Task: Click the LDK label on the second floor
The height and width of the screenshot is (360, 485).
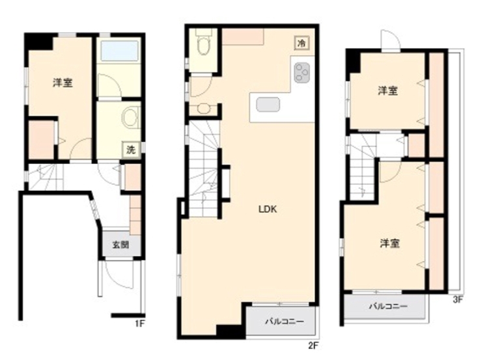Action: (x=268, y=210)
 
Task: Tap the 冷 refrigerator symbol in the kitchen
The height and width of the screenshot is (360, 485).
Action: (x=301, y=43)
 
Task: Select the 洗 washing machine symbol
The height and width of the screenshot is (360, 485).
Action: (x=131, y=150)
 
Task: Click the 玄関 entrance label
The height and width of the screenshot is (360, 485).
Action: (x=120, y=245)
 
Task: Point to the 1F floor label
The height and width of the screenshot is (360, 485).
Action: (x=140, y=324)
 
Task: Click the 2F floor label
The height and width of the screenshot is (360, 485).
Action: (x=313, y=345)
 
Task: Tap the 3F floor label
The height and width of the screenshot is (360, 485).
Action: (x=458, y=299)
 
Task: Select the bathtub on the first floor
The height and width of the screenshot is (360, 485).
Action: (x=119, y=51)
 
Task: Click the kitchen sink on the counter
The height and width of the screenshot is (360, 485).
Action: (x=268, y=104)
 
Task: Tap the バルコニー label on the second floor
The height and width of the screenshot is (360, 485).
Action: (x=284, y=322)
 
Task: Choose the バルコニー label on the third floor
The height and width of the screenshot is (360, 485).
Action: (x=388, y=307)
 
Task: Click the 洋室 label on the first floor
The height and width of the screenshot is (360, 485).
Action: (x=62, y=83)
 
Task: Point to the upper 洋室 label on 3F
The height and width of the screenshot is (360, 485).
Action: (x=387, y=90)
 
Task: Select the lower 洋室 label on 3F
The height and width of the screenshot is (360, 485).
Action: (x=390, y=243)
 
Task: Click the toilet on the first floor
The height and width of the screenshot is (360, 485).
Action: (x=131, y=117)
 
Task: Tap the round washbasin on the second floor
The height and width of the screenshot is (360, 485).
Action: (x=203, y=109)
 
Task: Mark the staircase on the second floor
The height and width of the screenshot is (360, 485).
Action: (x=204, y=169)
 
